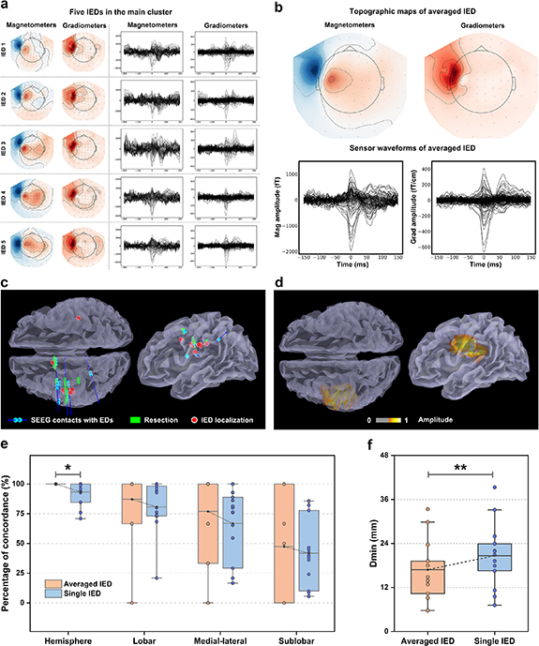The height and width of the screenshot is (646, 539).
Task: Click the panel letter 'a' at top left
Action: click(x=6, y=7)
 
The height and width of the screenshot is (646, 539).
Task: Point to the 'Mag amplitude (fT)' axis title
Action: click(x=276, y=203)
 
